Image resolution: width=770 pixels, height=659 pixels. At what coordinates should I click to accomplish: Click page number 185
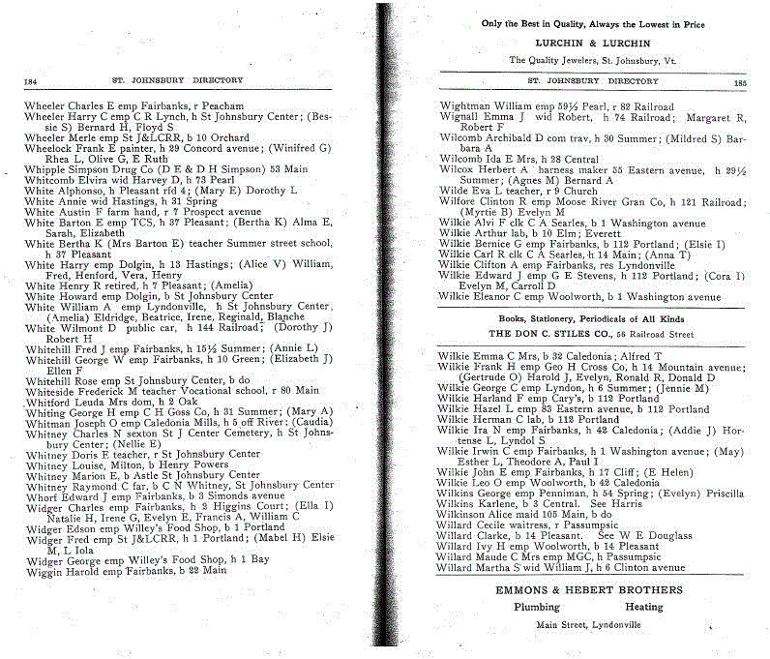pyautogui.click(x=741, y=83)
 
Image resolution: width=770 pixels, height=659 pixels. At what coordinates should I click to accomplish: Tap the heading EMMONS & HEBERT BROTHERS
pyautogui.click(x=589, y=589)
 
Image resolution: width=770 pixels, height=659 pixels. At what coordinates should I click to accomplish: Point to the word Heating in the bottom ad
pyautogui.click(x=644, y=608)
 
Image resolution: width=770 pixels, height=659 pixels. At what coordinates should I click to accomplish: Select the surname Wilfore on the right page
pyautogui.click(x=458, y=201)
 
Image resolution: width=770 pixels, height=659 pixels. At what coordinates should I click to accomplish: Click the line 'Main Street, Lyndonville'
pyautogui.click(x=589, y=626)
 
